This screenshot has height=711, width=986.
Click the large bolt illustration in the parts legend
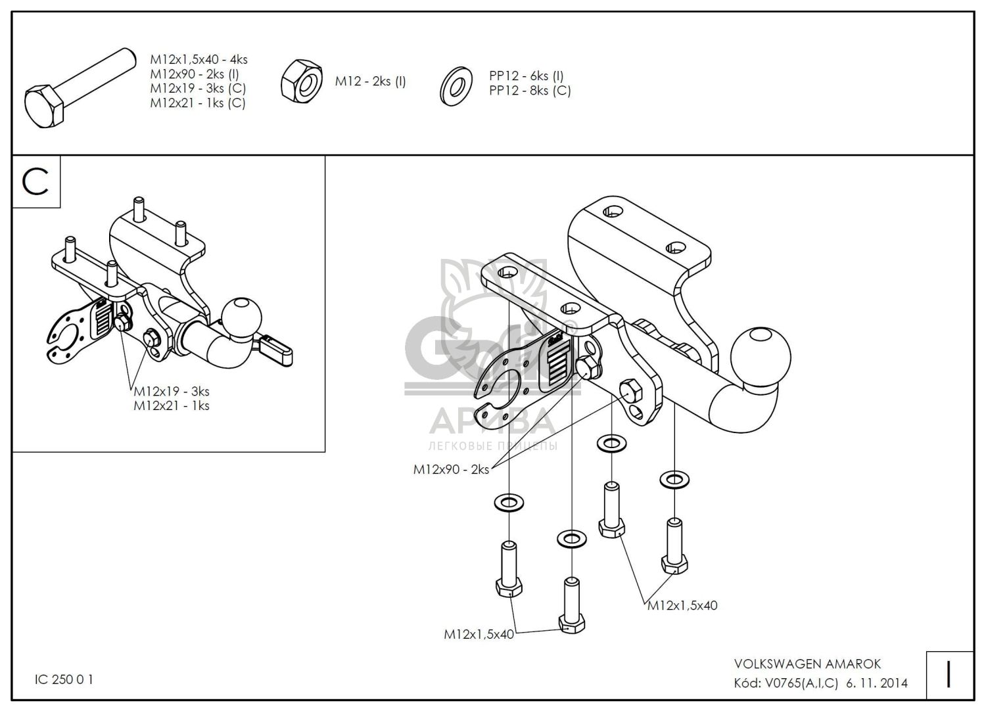[x=81, y=88]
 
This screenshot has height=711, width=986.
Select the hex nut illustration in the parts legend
[x=302, y=82]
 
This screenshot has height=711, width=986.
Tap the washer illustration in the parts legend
[x=456, y=86]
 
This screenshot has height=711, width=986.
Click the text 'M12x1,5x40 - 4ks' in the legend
[x=199, y=59]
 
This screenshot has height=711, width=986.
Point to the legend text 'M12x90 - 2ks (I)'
[x=195, y=74]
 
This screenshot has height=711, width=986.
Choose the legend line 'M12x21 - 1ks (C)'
[x=198, y=103]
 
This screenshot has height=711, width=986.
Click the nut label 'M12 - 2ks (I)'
[x=370, y=81]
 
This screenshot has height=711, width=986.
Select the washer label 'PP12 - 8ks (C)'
[x=530, y=91]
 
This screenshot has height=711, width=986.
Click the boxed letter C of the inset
[x=35, y=183]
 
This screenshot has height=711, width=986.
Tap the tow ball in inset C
[x=242, y=317]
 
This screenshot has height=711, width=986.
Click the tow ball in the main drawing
[x=760, y=357]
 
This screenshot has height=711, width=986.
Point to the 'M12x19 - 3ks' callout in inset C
[x=172, y=391]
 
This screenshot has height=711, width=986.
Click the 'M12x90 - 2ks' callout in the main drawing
[x=451, y=469]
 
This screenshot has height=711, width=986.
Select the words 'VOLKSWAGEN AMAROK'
[x=808, y=664]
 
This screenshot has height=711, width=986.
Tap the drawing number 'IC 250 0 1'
[x=64, y=679]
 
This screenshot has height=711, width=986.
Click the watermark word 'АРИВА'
[x=492, y=421]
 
